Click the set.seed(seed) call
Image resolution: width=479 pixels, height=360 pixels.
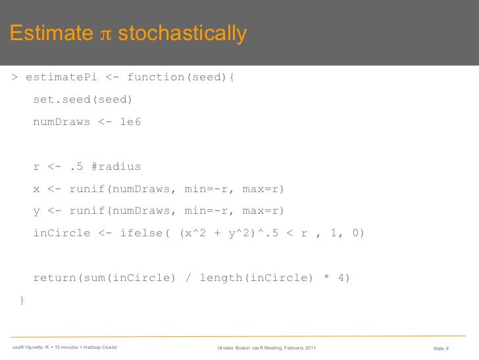[x=83, y=100]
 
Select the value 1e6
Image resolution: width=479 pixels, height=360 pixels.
[x=130, y=122]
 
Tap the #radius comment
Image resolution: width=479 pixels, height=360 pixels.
[x=116, y=167]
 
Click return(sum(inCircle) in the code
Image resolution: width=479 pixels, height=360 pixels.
[x=105, y=278]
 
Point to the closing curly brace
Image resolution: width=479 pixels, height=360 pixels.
[x=22, y=301]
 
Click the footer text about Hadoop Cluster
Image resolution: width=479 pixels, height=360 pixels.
[x=64, y=347]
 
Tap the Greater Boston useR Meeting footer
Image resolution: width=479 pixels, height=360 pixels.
[x=266, y=347]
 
